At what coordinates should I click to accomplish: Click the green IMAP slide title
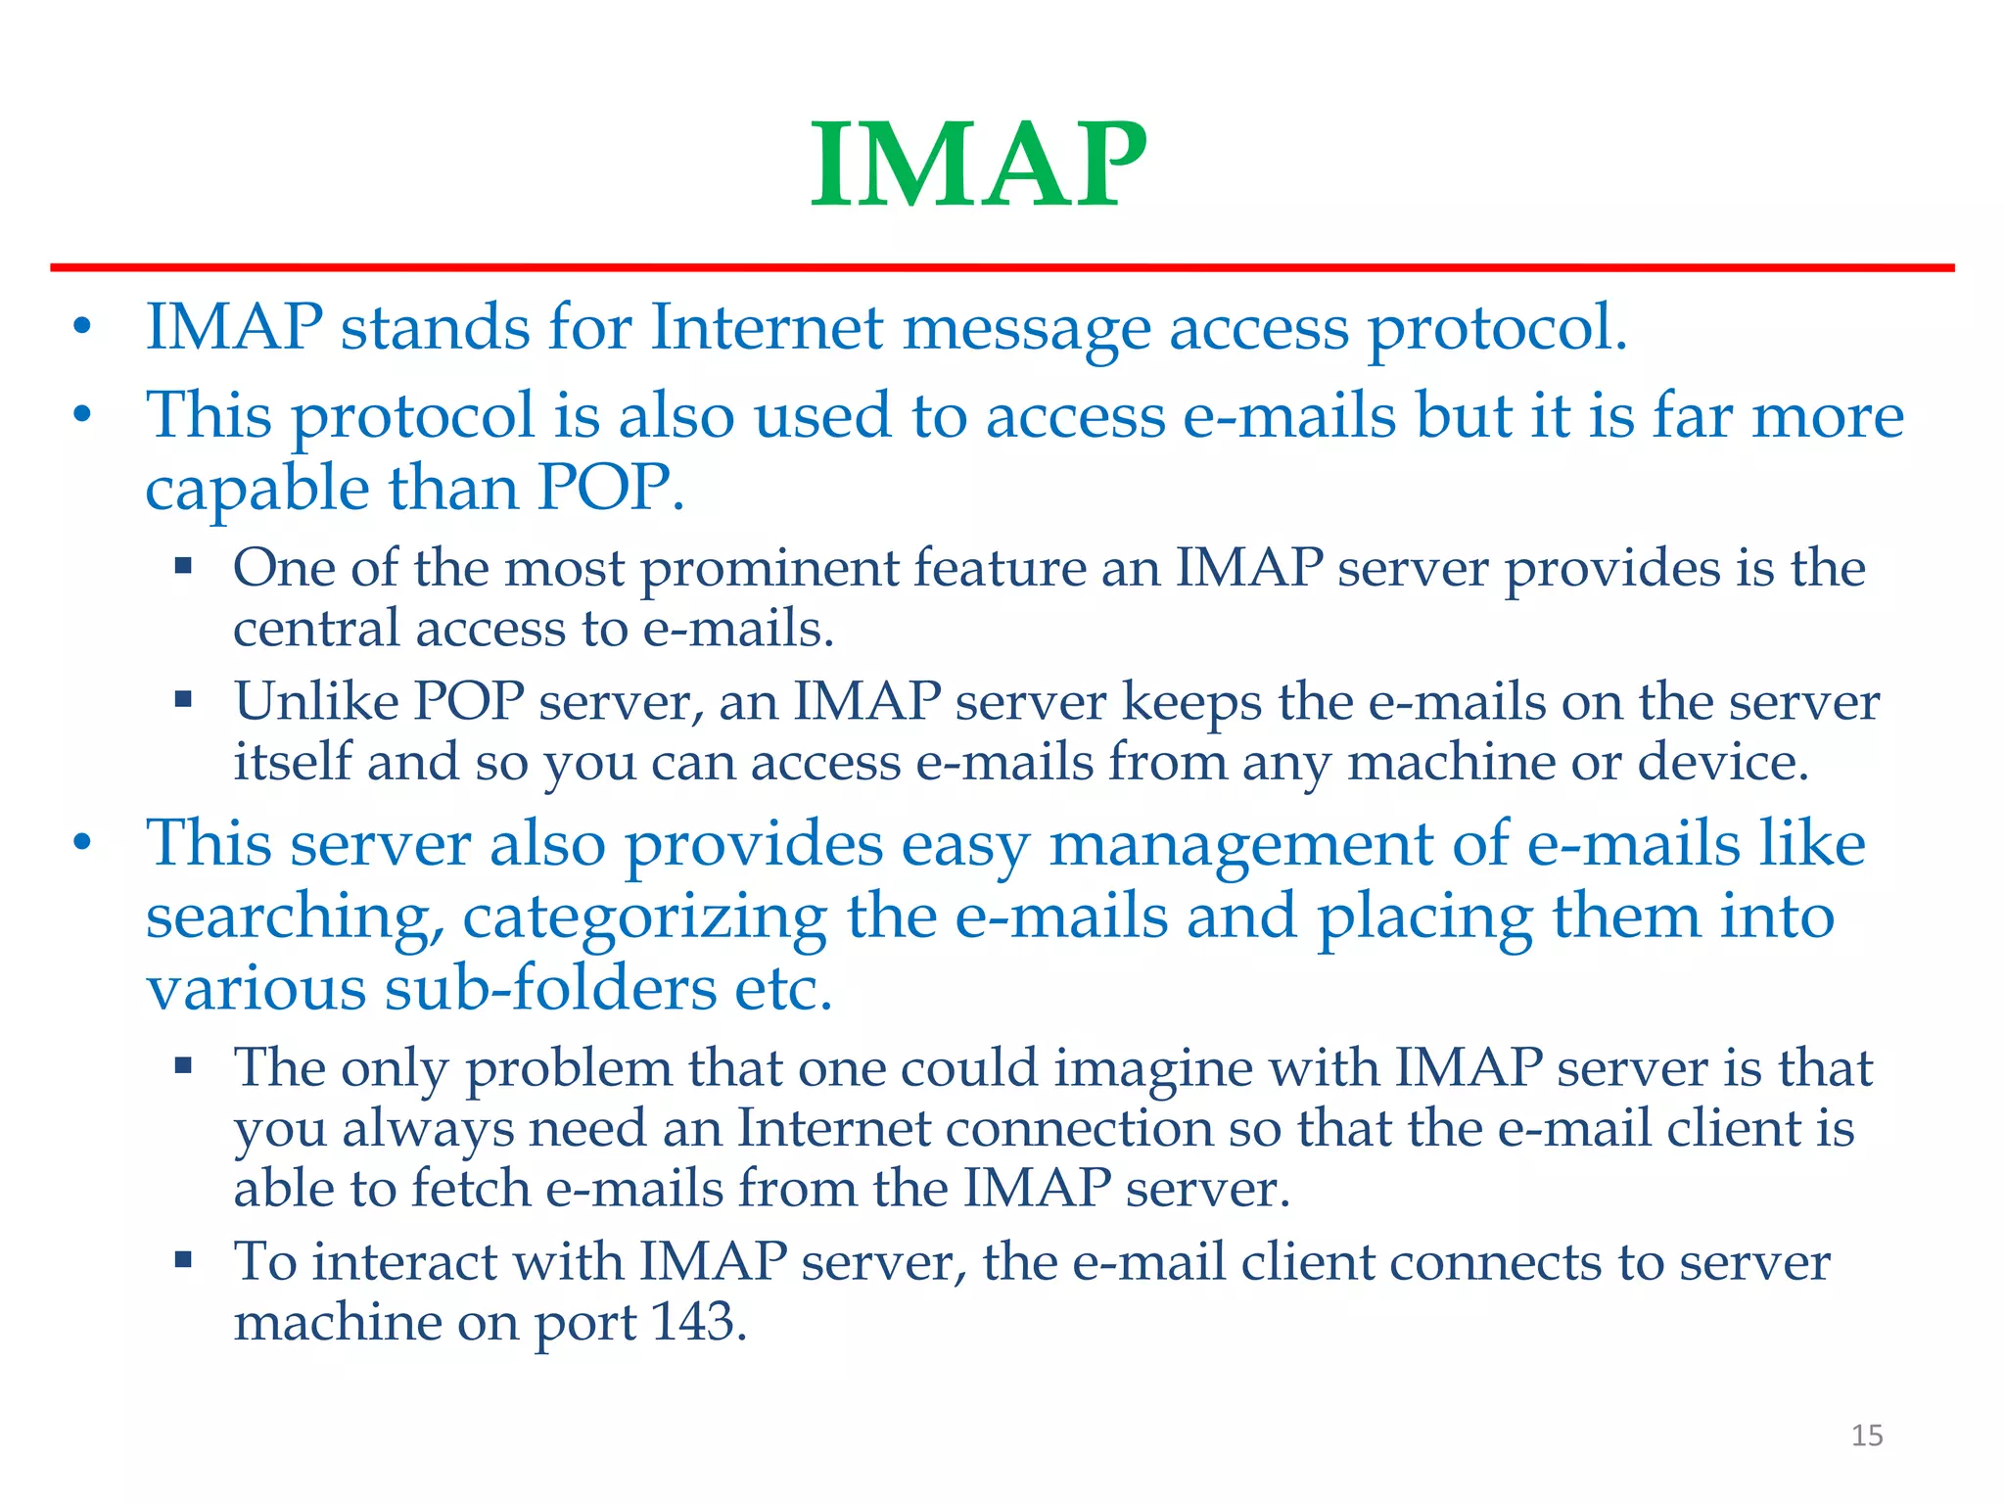point(978,164)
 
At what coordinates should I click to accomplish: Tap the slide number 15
point(1866,1435)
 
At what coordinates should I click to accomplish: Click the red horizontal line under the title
point(1002,267)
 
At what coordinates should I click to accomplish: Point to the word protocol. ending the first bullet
point(1497,328)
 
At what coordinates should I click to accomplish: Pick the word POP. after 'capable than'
point(610,488)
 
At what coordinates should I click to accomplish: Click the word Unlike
point(316,701)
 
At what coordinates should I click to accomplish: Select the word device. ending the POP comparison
point(1723,762)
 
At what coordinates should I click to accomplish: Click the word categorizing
point(644,917)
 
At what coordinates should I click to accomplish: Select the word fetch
point(471,1189)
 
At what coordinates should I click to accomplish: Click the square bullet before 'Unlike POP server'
point(183,700)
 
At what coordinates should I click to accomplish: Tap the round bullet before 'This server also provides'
point(83,843)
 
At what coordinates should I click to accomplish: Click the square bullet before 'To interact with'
point(183,1259)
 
